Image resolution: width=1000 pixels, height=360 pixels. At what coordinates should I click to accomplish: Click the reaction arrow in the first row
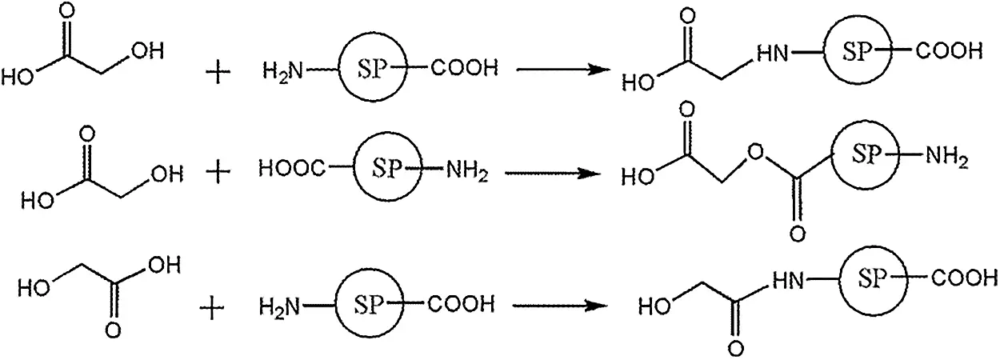(x=559, y=70)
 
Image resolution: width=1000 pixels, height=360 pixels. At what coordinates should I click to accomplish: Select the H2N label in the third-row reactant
(x=280, y=306)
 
